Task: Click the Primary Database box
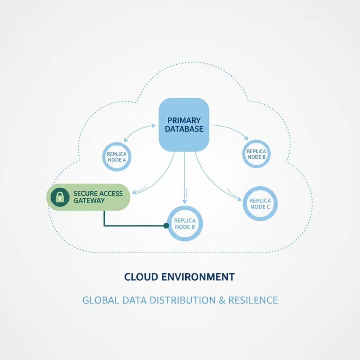(184, 124)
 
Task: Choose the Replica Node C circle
(260, 204)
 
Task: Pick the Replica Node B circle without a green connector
(256, 154)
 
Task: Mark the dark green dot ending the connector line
(166, 226)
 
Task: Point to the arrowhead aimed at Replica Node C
(240, 199)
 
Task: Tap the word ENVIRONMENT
(198, 277)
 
